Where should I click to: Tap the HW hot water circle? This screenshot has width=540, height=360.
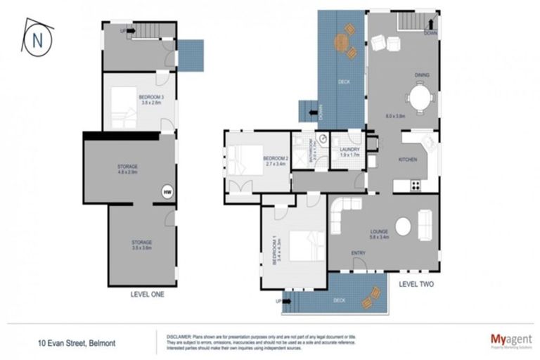(x=167, y=191)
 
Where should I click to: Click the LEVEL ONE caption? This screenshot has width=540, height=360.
(x=148, y=295)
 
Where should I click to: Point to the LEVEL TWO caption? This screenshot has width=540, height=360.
(x=416, y=285)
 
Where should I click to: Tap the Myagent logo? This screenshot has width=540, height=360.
(x=510, y=340)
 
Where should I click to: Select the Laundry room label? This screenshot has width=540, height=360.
(x=349, y=150)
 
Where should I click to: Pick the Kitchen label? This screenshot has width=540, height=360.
(x=409, y=160)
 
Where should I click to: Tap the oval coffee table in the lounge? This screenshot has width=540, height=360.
(x=404, y=227)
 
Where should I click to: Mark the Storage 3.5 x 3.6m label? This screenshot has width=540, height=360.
(x=141, y=244)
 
